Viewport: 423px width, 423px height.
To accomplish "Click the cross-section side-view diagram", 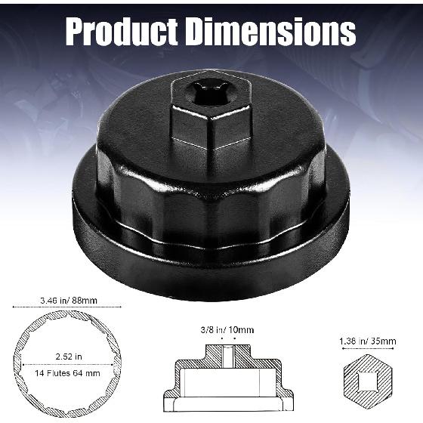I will [x=227, y=375].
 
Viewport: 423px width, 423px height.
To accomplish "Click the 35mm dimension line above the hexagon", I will [x=366, y=350].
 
